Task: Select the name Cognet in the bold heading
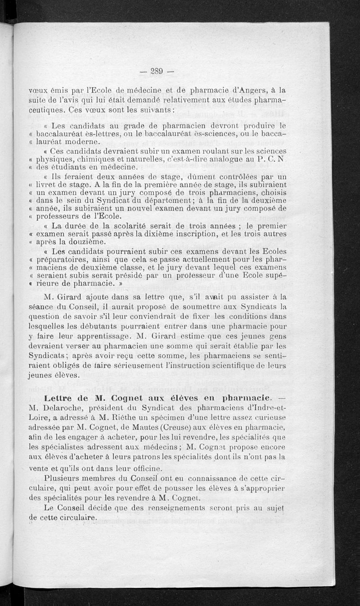click(129, 398)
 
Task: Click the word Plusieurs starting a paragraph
click(65, 477)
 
